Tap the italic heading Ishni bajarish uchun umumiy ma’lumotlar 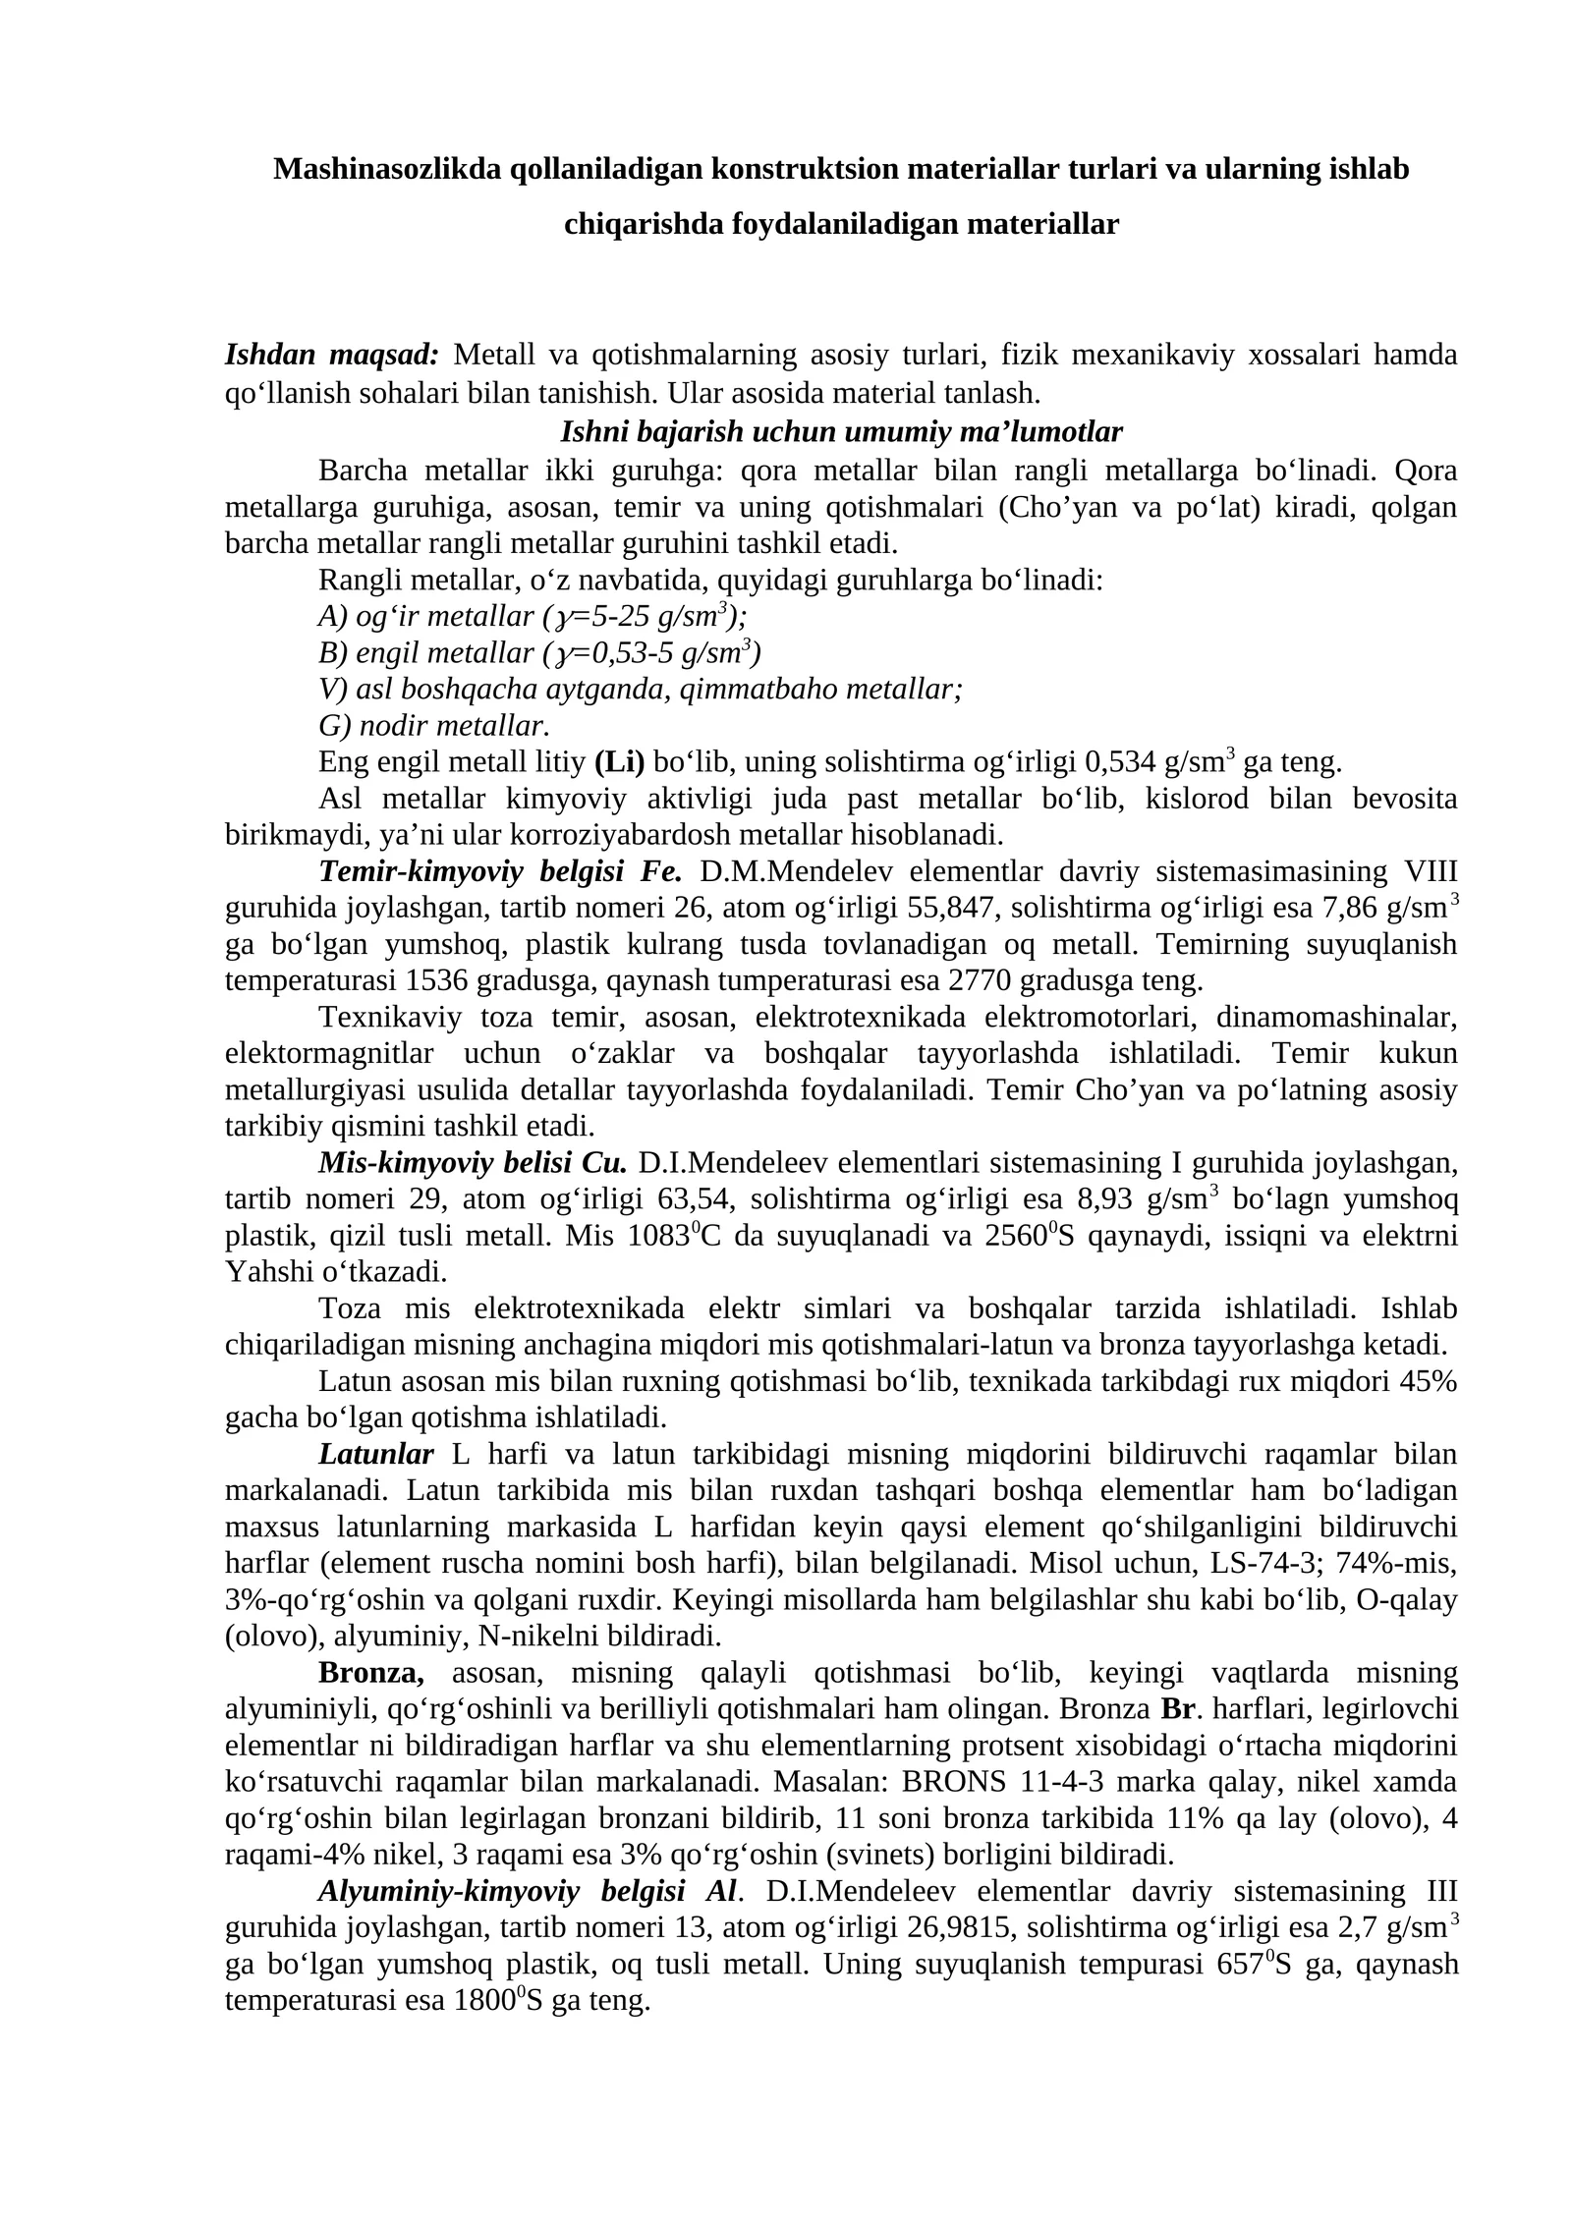coord(841,431)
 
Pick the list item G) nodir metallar coord(433,725)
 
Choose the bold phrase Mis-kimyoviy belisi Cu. coord(473,1163)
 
